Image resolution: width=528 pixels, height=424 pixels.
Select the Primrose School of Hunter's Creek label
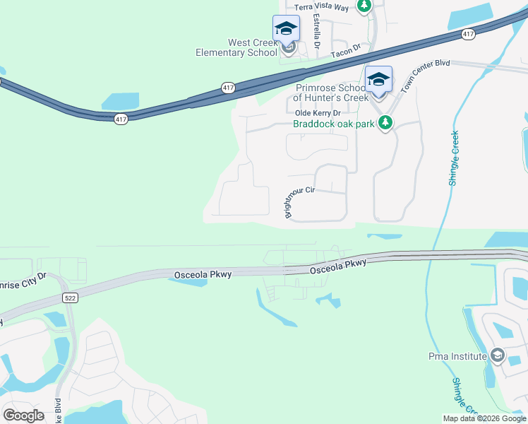(x=331, y=93)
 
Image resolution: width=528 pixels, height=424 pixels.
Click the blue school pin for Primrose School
(x=378, y=79)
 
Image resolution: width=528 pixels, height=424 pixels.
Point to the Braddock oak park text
(x=335, y=124)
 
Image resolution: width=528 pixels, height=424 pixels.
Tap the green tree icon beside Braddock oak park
(x=385, y=124)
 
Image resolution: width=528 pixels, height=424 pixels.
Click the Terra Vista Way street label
(x=321, y=7)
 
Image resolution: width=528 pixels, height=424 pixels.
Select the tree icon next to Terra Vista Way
(x=364, y=6)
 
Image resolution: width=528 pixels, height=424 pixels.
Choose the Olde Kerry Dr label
(x=317, y=113)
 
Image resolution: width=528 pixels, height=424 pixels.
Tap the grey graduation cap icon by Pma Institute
(x=497, y=355)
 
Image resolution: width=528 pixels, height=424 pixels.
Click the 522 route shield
(x=68, y=298)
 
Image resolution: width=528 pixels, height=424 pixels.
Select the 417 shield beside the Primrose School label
(x=227, y=88)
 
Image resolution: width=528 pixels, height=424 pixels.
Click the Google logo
(x=23, y=415)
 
